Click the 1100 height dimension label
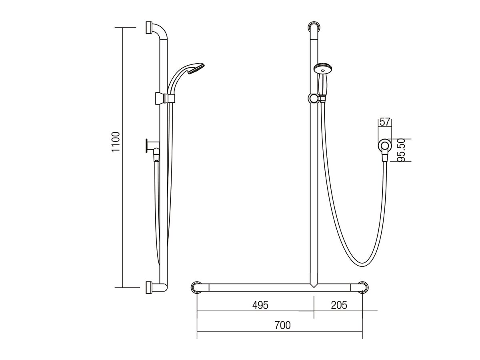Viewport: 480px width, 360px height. [116, 142]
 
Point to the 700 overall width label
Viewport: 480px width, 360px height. [282, 325]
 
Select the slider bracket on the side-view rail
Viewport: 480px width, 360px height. [164, 98]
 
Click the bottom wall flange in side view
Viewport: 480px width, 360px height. [150, 287]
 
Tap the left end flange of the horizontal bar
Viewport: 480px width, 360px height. [197, 287]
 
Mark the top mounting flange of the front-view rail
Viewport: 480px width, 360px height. [314, 28]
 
